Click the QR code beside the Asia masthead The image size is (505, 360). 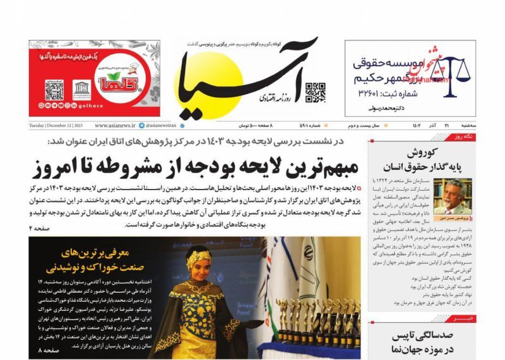coord(315,92)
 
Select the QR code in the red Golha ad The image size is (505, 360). coord(54,89)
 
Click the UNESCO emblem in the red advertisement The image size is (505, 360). coord(81,88)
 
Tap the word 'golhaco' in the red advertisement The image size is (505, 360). coord(110,100)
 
